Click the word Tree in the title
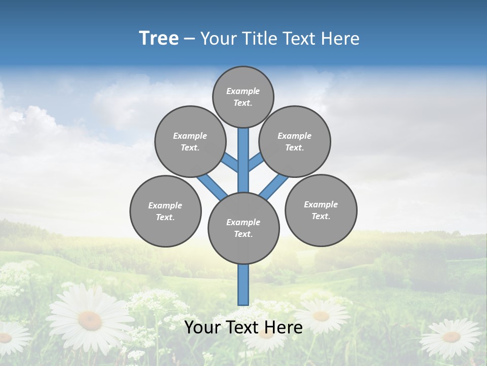(159, 38)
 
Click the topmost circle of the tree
(243, 97)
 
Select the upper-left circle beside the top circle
(190, 141)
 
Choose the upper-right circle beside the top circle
(295, 141)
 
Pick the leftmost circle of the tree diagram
(165, 211)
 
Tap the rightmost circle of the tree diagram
(321, 210)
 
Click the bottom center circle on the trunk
(243, 228)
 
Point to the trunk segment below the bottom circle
(243, 285)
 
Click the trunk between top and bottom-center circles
(243, 160)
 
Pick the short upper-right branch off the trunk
(256, 162)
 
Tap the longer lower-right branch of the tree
(273, 187)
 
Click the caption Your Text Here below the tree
(243, 327)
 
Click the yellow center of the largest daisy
(90, 320)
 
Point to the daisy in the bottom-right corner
(451, 337)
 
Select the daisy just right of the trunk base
(321, 316)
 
